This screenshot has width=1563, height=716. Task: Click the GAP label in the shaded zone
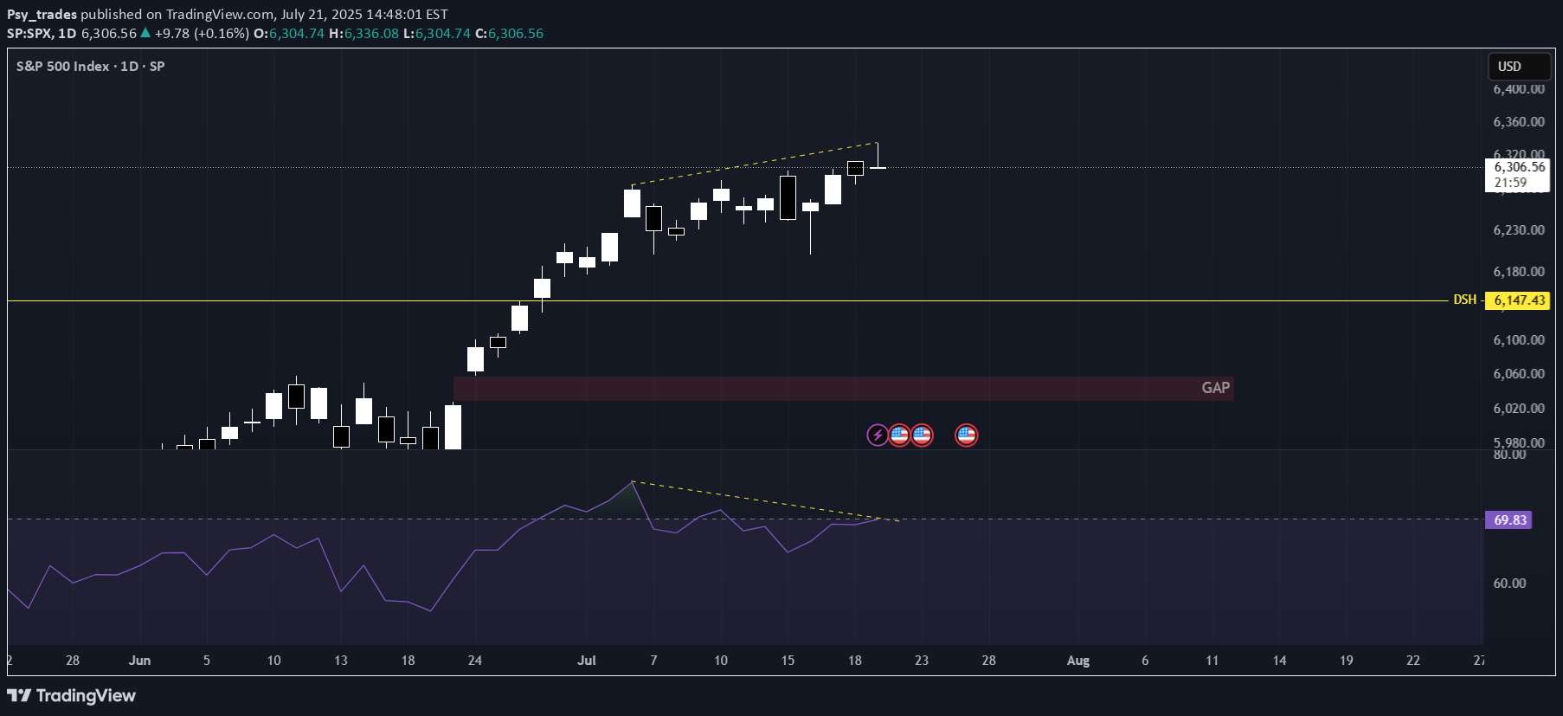point(1215,388)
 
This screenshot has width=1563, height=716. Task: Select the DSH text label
point(1464,300)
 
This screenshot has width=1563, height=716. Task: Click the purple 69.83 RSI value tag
point(1508,520)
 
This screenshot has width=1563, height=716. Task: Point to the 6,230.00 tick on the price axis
point(1518,230)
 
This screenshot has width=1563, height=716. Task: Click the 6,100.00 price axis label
point(1518,340)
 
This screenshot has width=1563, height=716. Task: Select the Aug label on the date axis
point(1077,661)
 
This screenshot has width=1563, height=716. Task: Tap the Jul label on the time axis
point(587,661)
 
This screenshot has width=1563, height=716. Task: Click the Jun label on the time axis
point(139,661)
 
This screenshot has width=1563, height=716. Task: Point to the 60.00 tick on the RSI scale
point(1509,584)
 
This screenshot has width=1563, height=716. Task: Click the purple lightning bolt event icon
point(878,435)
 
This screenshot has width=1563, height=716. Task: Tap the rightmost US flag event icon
point(966,435)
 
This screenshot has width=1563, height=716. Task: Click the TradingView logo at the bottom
point(72,695)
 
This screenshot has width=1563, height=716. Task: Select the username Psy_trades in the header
point(42,14)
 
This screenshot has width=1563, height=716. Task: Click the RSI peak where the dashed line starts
point(633,481)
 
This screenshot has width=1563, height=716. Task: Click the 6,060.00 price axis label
point(1518,374)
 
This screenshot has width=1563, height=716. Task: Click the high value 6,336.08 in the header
point(371,34)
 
